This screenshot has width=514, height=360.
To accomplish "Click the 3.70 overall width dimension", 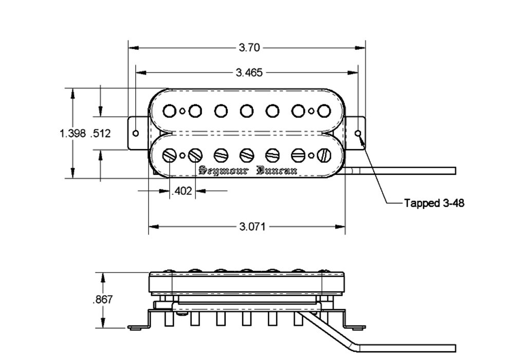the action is coord(249,48).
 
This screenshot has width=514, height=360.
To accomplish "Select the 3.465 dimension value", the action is coord(249,73).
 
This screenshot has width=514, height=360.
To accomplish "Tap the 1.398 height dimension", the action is coord(72,133).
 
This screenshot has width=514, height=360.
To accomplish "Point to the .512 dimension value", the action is coord(101,133).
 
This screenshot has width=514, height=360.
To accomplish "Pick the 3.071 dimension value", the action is coord(252,227).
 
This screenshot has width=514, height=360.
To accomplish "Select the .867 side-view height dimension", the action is coord(103,299).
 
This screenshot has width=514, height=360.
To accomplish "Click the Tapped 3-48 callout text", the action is coord(434,203).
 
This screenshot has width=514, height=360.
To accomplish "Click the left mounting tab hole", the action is coord(136,133).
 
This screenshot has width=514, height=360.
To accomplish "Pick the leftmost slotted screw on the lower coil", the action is coord(170,155).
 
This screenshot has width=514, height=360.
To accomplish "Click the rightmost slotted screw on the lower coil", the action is coord(324,155).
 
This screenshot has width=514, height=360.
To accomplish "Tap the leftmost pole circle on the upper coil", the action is coord(170,111).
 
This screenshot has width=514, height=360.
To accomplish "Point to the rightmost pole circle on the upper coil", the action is coord(324,111).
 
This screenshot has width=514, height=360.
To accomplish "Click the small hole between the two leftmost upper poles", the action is coord(182,111).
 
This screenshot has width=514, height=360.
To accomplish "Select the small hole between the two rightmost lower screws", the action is coord(311,155).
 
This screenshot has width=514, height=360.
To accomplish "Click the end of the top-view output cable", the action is coord(455,171).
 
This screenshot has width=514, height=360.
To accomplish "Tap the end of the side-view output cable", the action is coord(455,348).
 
